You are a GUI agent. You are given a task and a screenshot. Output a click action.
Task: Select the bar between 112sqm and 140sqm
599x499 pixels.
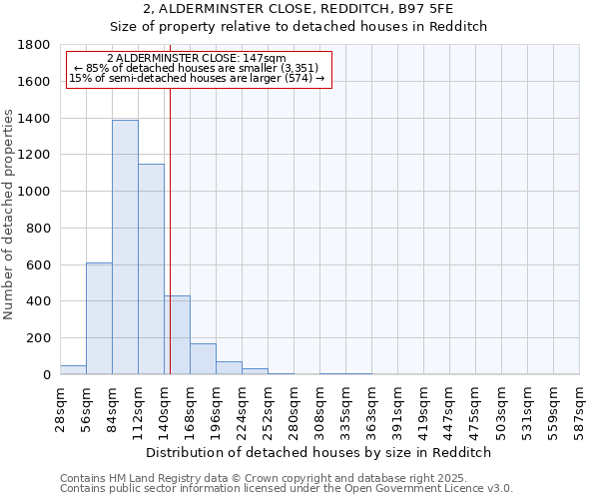point(151,269)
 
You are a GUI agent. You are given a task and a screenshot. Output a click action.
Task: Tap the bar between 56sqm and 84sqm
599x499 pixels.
point(99,318)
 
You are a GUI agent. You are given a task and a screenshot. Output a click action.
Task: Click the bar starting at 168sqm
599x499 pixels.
point(203,359)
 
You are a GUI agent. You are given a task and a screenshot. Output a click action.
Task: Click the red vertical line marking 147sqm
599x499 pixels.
point(171,230)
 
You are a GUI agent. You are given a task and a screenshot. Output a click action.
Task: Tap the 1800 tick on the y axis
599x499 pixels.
point(34,45)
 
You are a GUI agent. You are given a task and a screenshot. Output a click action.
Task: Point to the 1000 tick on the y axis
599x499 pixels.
point(34,192)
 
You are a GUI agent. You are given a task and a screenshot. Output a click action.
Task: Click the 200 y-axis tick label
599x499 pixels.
point(38,338)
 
